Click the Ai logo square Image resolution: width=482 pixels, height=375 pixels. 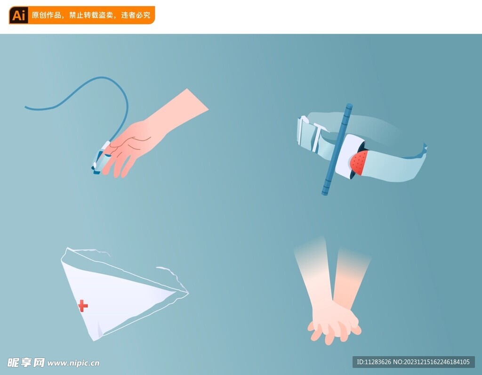18,15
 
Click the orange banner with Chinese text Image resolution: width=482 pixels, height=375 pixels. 82,15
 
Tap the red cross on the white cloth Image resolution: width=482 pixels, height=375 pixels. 83,306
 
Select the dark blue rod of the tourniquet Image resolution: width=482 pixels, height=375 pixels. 337,149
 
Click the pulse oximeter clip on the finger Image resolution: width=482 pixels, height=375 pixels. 101,157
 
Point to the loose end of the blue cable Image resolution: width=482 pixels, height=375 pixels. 26,107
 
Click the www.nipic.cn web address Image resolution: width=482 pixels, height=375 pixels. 73,363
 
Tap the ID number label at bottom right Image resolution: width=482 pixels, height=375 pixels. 413,362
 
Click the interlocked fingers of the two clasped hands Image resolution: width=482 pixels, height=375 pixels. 335,326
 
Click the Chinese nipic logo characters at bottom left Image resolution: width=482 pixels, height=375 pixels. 26,363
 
